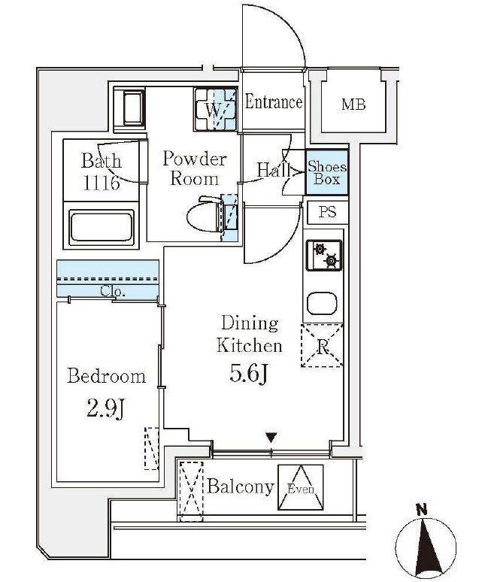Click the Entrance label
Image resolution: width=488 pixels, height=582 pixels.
(274, 102)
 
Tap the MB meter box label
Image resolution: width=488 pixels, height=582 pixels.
(353, 105)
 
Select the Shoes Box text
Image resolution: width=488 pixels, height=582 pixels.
(327, 173)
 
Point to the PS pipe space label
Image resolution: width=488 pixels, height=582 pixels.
(327, 211)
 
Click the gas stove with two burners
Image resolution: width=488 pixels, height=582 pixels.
(324, 256)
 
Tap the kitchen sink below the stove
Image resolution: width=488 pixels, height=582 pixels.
(322, 303)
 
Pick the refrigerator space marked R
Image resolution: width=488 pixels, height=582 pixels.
(322, 346)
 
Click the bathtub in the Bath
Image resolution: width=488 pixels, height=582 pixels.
(102, 228)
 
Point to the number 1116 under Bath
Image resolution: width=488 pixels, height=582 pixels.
(102, 183)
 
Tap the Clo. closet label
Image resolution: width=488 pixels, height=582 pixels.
(113, 291)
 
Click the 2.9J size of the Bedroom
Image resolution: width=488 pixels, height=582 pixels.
(106, 408)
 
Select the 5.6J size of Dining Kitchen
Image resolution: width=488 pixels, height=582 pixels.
(248, 374)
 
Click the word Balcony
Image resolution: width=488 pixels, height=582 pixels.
(241, 487)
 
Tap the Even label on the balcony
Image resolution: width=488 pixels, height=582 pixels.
(301, 490)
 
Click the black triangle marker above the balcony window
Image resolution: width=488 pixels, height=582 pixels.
(271, 438)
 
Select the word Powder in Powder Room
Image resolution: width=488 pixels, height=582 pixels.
(195, 159)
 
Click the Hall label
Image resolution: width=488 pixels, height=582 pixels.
(274, 171)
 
